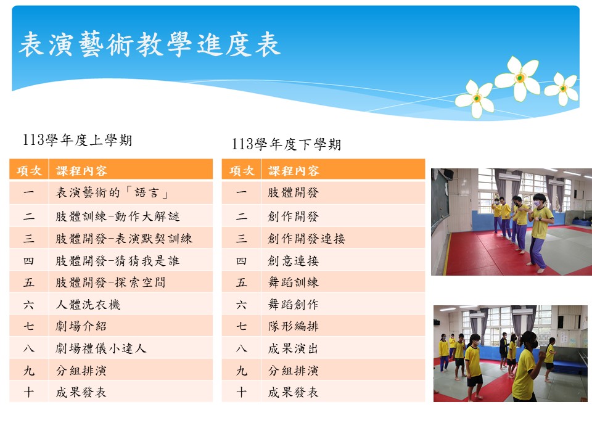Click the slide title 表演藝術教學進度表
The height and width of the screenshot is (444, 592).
tap(149, 44)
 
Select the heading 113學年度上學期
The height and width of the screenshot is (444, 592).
tap(78, 140)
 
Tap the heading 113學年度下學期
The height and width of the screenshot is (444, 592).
tap(287, 144)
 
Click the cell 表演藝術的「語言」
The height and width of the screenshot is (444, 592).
tap(112, 193)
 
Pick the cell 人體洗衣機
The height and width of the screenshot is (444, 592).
tap(88, 304)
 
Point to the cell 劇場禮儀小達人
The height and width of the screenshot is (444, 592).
tap(101, 348)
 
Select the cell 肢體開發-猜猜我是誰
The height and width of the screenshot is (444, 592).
tap(117, 260)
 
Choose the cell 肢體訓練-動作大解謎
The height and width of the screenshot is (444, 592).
tap(117, 216)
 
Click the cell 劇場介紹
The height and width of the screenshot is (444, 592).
tap(81, 326)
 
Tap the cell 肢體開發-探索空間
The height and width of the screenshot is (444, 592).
tap(110, 282)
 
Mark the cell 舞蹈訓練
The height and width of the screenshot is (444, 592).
tap(294, 282)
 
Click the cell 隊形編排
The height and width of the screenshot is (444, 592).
tap(294, 326)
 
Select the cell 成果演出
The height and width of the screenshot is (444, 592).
tap(294, 348)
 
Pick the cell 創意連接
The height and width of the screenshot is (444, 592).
tap(294, 260)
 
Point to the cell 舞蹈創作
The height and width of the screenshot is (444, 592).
tap(294, 304)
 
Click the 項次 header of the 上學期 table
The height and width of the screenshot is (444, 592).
tap(29, 171)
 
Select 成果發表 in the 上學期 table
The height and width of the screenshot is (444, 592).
tap(81, 392)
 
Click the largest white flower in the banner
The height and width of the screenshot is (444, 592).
tap(518, 78)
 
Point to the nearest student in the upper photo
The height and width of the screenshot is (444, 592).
tap(540, 232)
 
